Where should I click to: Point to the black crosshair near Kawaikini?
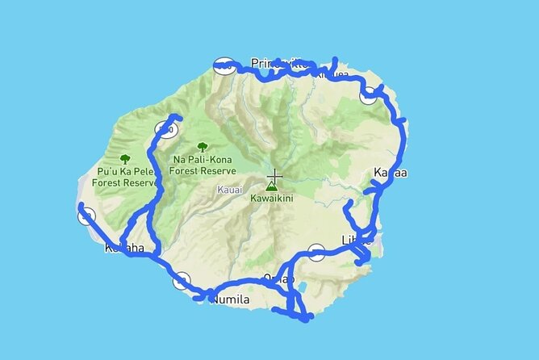[274, 177]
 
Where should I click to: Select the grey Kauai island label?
[229, 190]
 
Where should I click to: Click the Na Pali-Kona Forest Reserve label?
[203, 165]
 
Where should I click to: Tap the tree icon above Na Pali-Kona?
[202, 147]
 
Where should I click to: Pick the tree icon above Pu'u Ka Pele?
[125, 159]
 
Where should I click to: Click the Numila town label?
[231, 300]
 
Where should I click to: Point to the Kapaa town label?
[391, 173]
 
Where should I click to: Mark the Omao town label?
[278, 278]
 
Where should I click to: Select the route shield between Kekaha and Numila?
[182, 281]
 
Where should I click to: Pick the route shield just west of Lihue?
[317, 252]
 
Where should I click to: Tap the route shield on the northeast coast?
[369, 94]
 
